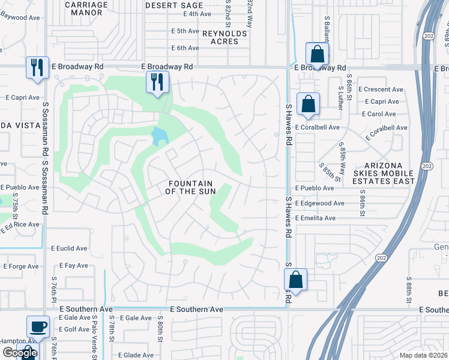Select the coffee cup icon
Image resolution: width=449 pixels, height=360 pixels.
coord(38,327)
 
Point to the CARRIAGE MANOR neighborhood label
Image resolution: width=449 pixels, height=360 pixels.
coord(86,8)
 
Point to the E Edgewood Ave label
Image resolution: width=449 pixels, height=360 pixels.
coord(319,203)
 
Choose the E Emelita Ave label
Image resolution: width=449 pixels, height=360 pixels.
coord(315,218)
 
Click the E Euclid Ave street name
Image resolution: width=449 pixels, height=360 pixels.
coord(69,248)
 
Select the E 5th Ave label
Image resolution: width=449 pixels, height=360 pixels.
coord(184,31)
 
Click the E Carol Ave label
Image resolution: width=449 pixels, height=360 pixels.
coord(379,114)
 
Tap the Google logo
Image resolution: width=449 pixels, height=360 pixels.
coord(20,353)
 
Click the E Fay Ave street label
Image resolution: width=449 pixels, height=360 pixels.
coord(74,265)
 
